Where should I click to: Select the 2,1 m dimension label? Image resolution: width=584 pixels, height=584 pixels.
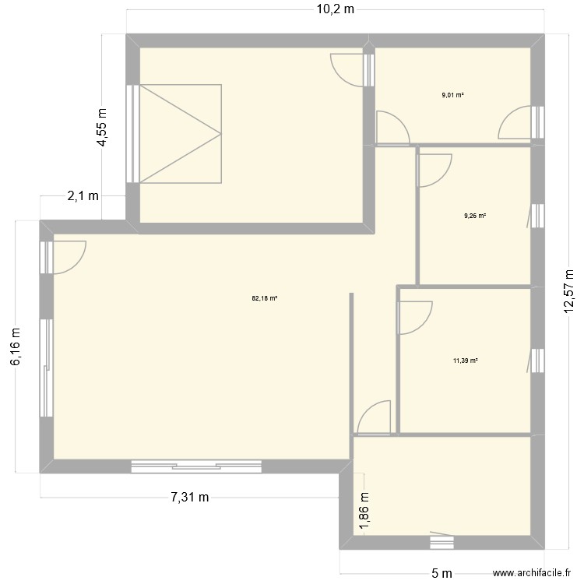pos(83,196)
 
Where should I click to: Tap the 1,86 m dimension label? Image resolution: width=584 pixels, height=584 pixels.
pos(363,512)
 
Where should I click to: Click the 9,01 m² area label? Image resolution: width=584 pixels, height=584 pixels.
pos(452,95)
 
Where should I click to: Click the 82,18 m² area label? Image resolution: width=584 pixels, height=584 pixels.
pos(265,297)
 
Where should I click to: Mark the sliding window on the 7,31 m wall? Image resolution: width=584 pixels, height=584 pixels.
pos(197,466)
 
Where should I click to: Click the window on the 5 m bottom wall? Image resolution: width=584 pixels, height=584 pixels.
pos(442,537)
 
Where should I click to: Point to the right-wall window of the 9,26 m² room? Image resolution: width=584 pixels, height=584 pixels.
pos(536,216)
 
